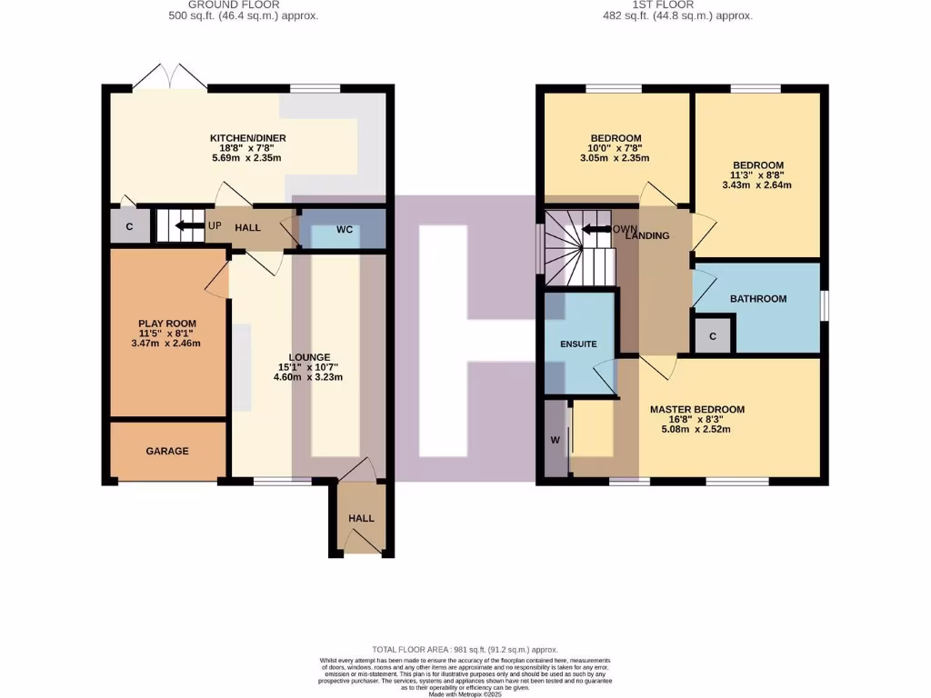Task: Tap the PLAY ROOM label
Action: tap(167, 324)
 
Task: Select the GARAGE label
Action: tap(167, 451)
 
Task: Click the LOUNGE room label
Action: tap(309, 357)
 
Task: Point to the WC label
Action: tap(345, 230)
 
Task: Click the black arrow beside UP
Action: tap(189, 225)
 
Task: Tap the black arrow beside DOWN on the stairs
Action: tap(596, 229)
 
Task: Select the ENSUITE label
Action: tap(578, 344)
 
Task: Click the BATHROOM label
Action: tap(758, 298)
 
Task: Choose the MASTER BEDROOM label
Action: tap(696, 409)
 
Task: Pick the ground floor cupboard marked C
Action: tap(130, 226)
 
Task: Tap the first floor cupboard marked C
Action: tap(713, 336)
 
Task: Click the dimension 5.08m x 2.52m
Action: tap(696, 430)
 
